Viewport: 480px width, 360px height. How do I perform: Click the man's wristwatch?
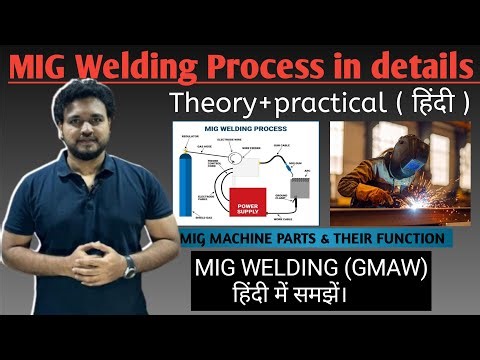tap(128, 266)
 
